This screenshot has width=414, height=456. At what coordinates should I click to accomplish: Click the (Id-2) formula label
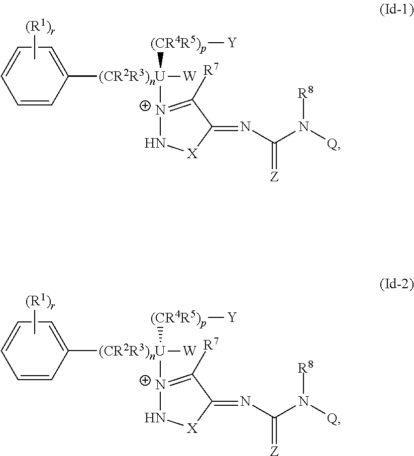pyautogui.click(x=395, y=285)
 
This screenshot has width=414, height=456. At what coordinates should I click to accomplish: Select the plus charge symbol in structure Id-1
pyautogui.click(x=145, y=107)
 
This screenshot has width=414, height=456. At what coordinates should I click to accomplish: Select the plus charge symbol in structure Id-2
pyautogui.click(x=145, y=380)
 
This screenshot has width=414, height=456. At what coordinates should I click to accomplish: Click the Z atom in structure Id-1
pyautogui.click(x=274, y=178)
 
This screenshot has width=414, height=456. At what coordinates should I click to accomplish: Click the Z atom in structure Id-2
pyautogui.click(x=274, y=451)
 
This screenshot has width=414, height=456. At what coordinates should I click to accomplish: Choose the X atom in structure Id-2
pyautogui.click(x=191, y=427)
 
